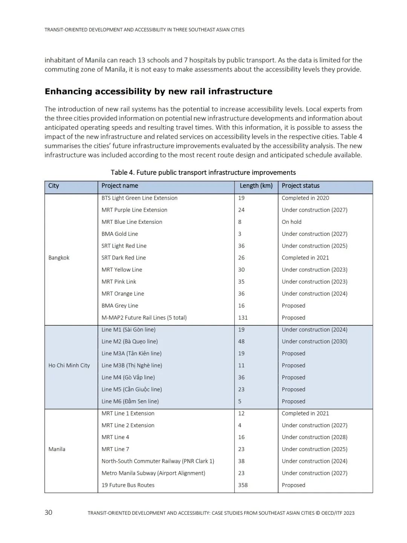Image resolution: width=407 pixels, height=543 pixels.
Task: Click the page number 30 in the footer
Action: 49,512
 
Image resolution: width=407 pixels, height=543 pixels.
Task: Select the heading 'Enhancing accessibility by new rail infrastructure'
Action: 158,91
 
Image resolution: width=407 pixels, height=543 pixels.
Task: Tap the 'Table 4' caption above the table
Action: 203,172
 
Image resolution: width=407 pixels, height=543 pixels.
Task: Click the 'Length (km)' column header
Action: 256,186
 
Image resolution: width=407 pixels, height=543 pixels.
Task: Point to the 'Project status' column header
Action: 300,186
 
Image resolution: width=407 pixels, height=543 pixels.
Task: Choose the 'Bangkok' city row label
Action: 59,258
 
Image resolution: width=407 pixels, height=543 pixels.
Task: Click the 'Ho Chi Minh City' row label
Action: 69,365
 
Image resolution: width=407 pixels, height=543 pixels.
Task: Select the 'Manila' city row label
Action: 57,449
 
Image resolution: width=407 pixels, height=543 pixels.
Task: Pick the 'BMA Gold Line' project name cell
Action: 119,234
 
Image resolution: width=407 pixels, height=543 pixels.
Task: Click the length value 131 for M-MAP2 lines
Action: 243,318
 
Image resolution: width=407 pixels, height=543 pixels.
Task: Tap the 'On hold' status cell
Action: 291,222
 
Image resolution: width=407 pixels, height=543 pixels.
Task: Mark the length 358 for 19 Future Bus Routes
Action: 243,485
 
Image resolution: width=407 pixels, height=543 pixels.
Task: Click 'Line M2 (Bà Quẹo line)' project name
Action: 129,341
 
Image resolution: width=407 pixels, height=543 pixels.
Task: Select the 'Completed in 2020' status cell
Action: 305,198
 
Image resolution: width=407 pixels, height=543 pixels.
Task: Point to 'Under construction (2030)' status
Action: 314,341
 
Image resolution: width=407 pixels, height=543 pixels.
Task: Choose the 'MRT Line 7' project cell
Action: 115,449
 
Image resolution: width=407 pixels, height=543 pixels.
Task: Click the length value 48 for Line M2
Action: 241,341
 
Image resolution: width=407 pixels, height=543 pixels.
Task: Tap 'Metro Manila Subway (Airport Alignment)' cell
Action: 153,473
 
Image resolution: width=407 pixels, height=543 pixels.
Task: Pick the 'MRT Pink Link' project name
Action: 119,282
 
